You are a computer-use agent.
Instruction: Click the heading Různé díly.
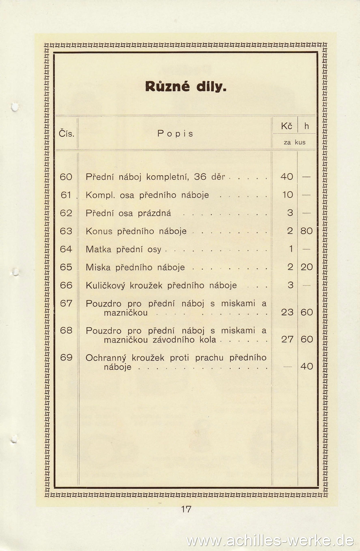(186, 86)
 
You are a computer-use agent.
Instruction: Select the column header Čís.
(67, 134)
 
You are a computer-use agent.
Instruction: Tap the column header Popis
(175, 133)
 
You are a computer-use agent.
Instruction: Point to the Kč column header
(287, 126)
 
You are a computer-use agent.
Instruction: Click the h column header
(307, 126)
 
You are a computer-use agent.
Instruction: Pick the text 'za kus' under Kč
(295, 142)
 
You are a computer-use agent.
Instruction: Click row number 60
(66, 177)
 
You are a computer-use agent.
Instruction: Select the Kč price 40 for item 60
(287, 176)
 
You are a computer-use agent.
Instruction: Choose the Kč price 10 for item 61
(287, 195)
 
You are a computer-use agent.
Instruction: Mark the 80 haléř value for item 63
(307, 231)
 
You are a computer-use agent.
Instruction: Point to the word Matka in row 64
(98, 249)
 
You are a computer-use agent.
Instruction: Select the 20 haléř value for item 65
(307, 267)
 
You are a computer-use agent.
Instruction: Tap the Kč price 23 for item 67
(287, 312)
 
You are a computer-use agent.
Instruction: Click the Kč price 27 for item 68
(287, 339)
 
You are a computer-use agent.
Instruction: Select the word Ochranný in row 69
(106, 358)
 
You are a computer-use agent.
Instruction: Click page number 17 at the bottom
(186, 510)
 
